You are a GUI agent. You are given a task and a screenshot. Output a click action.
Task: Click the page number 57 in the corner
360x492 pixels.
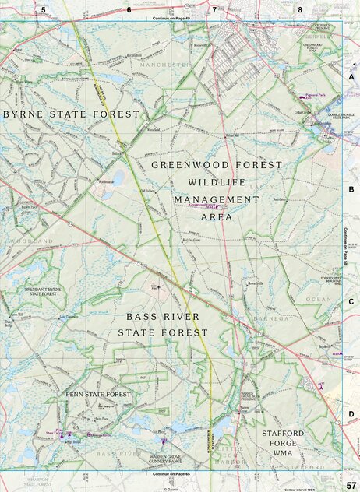(351, 485)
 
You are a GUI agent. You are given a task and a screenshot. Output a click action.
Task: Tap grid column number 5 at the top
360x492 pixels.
(44, 10)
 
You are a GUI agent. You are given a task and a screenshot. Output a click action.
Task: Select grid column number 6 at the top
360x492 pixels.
(129, 10)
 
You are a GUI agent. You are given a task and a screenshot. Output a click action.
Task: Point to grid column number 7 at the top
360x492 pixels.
(214, 10)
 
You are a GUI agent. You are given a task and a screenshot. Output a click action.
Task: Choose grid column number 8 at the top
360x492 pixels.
(300, 10)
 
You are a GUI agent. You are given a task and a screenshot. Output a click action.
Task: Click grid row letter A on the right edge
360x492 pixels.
(351, 77)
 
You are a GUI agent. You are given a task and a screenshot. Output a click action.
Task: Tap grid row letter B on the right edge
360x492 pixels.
(351, 189)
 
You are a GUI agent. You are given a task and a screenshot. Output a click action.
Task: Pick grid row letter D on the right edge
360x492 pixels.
(351, 414)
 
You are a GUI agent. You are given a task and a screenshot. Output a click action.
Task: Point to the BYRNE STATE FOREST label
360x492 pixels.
(71, 114)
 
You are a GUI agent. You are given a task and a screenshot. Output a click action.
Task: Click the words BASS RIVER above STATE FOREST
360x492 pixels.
(163, 317)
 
